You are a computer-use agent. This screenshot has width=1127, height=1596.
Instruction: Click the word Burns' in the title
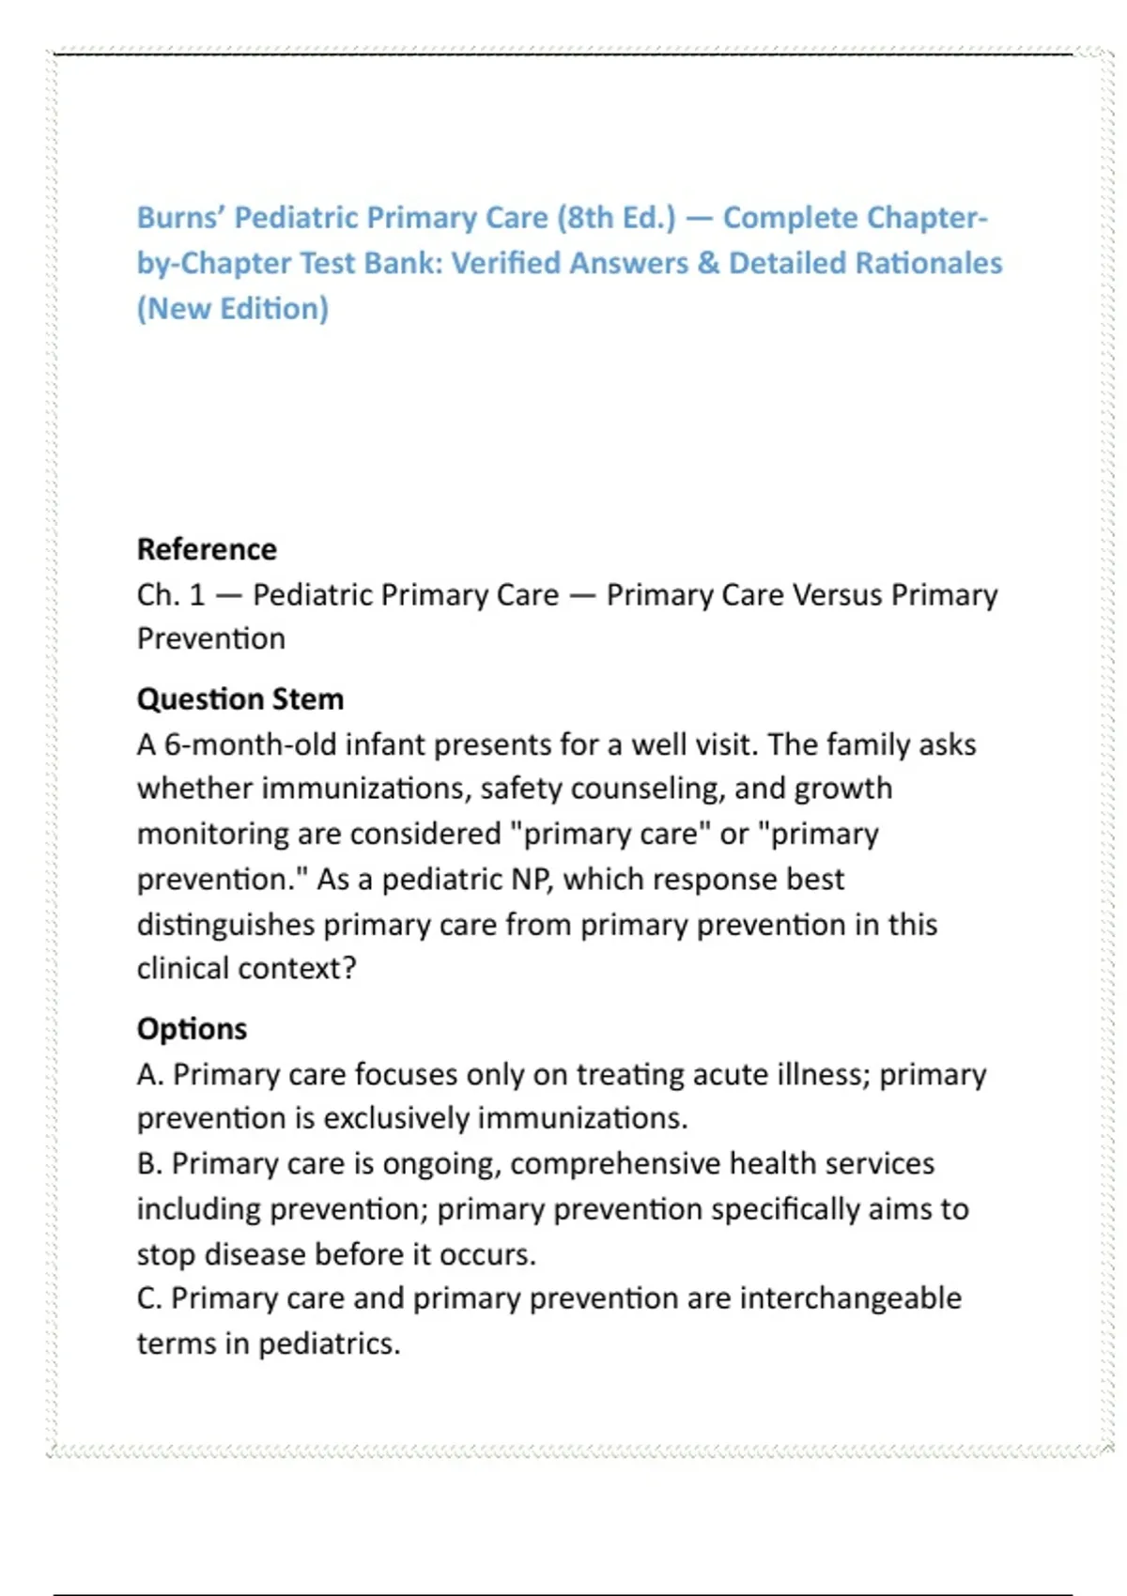(181, 218)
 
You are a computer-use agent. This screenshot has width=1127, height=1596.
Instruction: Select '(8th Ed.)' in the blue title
(616, 218)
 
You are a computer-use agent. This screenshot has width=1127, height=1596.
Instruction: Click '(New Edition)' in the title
(233, 309)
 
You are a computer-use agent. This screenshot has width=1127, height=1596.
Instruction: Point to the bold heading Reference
(207, 549)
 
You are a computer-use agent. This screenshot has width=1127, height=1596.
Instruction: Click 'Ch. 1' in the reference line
(170, 595)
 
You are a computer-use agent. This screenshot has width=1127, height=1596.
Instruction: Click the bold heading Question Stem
(240, 699)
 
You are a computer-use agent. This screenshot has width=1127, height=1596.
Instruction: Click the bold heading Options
(192, 1029)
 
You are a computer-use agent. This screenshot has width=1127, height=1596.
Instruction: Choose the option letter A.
(148, 1075)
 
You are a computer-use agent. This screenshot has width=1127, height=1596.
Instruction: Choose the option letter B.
(148, 1164)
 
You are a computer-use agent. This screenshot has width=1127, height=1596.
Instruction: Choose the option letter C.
(148, 1298)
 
